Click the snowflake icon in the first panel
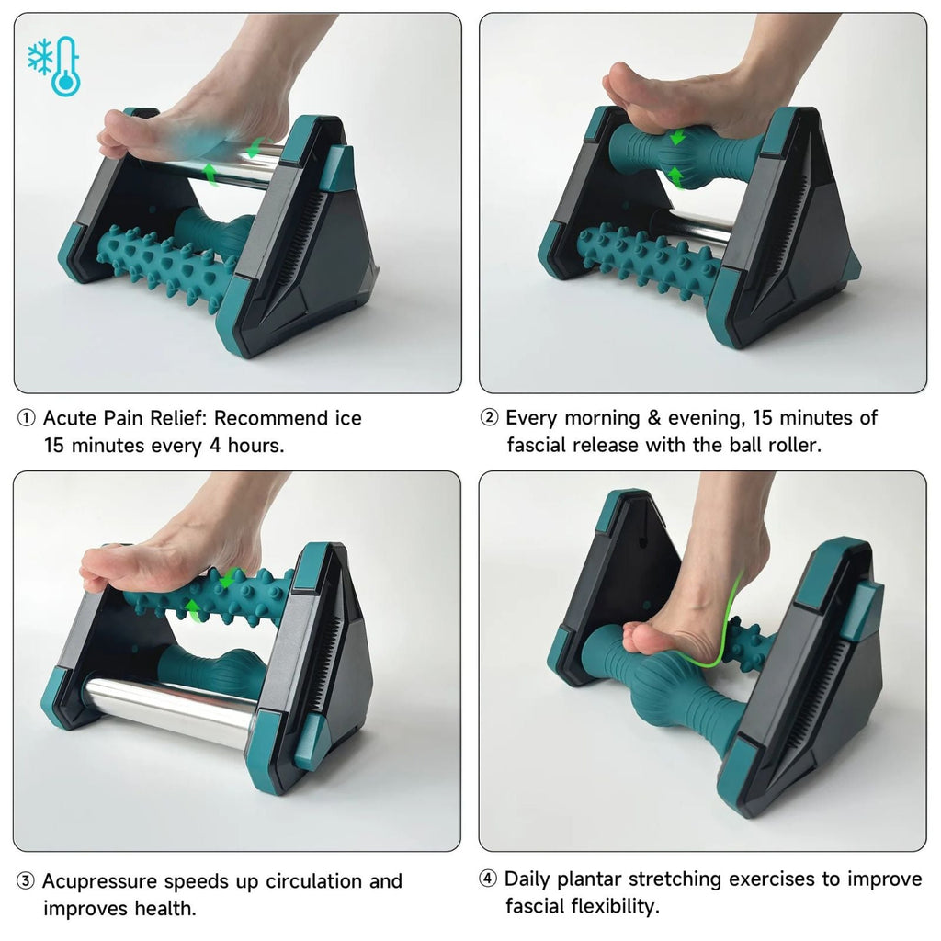tap(40, 55)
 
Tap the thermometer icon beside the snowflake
tap(65, 66)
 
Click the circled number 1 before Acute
tap(27, 419)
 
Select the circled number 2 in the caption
tap(490, 419)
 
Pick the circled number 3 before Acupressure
tap(27, 882)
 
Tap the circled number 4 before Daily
tap(489, 879)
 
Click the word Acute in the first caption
tap(70, 419)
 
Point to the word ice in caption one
tap(346, 419)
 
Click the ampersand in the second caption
tap(654, 419)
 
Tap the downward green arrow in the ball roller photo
tap(677, 138)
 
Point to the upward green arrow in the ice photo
tap(210, 173)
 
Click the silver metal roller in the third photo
tap(170, 709)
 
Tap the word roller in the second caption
tap(791, 446)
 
